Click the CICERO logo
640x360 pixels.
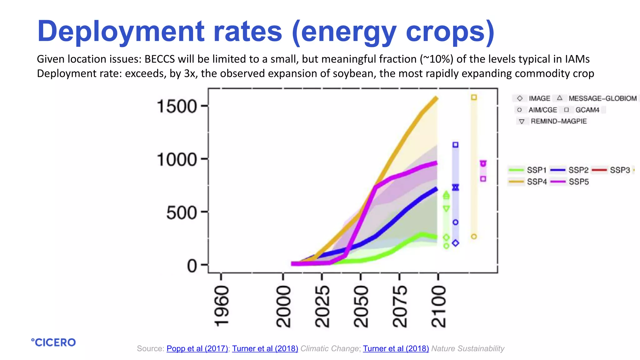pos(53,342)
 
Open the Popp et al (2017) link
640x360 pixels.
pos(197,348)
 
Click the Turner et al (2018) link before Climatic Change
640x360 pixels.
pos(265,348)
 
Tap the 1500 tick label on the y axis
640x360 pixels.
pos(177,107)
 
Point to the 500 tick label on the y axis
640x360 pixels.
pos(181,213)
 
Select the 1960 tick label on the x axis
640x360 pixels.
pos(222,306)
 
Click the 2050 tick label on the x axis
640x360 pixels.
pos(361,306)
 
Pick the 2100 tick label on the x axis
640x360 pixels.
pos(438,306)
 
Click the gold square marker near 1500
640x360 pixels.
pos(474,97)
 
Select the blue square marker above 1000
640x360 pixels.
pos(455,145)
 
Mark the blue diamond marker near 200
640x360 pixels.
pos(456,243)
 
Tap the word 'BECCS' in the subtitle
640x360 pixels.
pos(160,59)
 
